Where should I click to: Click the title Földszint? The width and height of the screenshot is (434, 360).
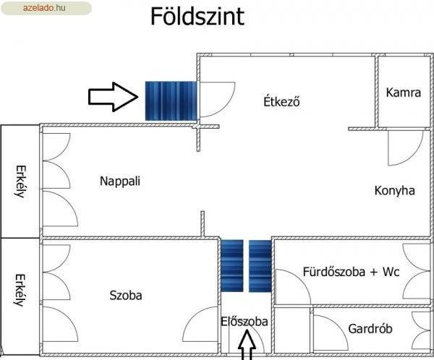(x=197, y=17)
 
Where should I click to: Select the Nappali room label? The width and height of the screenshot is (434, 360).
(x=120, y=181)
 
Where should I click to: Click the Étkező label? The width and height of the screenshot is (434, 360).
(x=281, y=101)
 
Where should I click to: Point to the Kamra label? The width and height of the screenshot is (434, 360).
(x=404, y=93)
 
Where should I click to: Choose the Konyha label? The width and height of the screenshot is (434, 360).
(x=395, y=191)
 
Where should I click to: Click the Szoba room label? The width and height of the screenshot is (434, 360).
(x=126, y=295)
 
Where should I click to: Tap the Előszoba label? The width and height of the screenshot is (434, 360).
(x=244, y=322)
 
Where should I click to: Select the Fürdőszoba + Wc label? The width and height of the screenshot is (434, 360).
(x=351, y=272)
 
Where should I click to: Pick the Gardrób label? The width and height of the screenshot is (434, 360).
(x=370, y=329)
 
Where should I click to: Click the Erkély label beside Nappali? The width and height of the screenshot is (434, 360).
(x=21, y=181)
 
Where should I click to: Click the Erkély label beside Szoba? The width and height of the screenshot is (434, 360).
(x=20, y=290)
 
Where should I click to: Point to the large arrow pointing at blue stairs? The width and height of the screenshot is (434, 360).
(x=114, y=97)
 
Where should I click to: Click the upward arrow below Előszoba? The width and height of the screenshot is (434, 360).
(x=247, y=346)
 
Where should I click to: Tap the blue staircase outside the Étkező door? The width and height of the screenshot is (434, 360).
(x=171, y=101)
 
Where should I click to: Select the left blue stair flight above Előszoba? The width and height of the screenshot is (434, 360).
(x=232, y=265)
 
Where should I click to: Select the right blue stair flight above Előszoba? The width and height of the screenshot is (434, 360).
(x=260, y=265)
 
